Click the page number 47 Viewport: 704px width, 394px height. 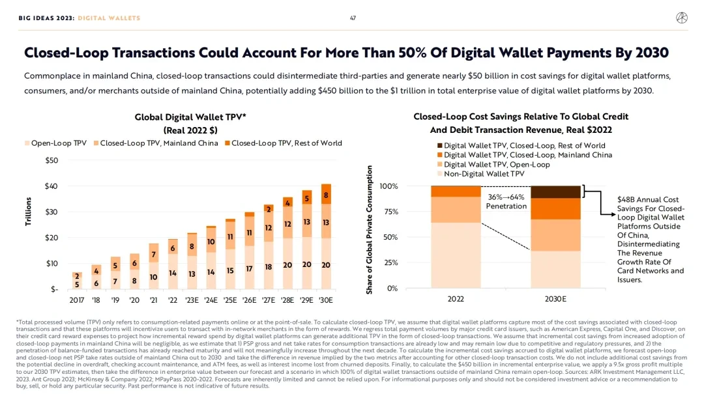[353, 18]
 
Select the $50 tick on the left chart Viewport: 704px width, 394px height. [50, 160]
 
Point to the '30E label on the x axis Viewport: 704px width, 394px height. [325, 300]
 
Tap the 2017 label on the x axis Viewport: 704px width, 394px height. [77, 300]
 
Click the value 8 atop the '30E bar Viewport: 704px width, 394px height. [325, 194]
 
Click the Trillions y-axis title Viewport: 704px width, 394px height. [28, 212]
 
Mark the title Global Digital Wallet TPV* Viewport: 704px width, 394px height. [186, 117]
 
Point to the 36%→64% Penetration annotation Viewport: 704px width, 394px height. [506, 201]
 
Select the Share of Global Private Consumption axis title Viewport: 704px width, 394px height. [370, 229]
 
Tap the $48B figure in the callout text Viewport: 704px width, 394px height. [628, 199]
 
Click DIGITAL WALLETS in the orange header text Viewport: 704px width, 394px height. [109, 18]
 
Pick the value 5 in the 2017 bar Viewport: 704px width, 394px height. [77, 284]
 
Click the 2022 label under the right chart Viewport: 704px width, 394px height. [456, 300]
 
